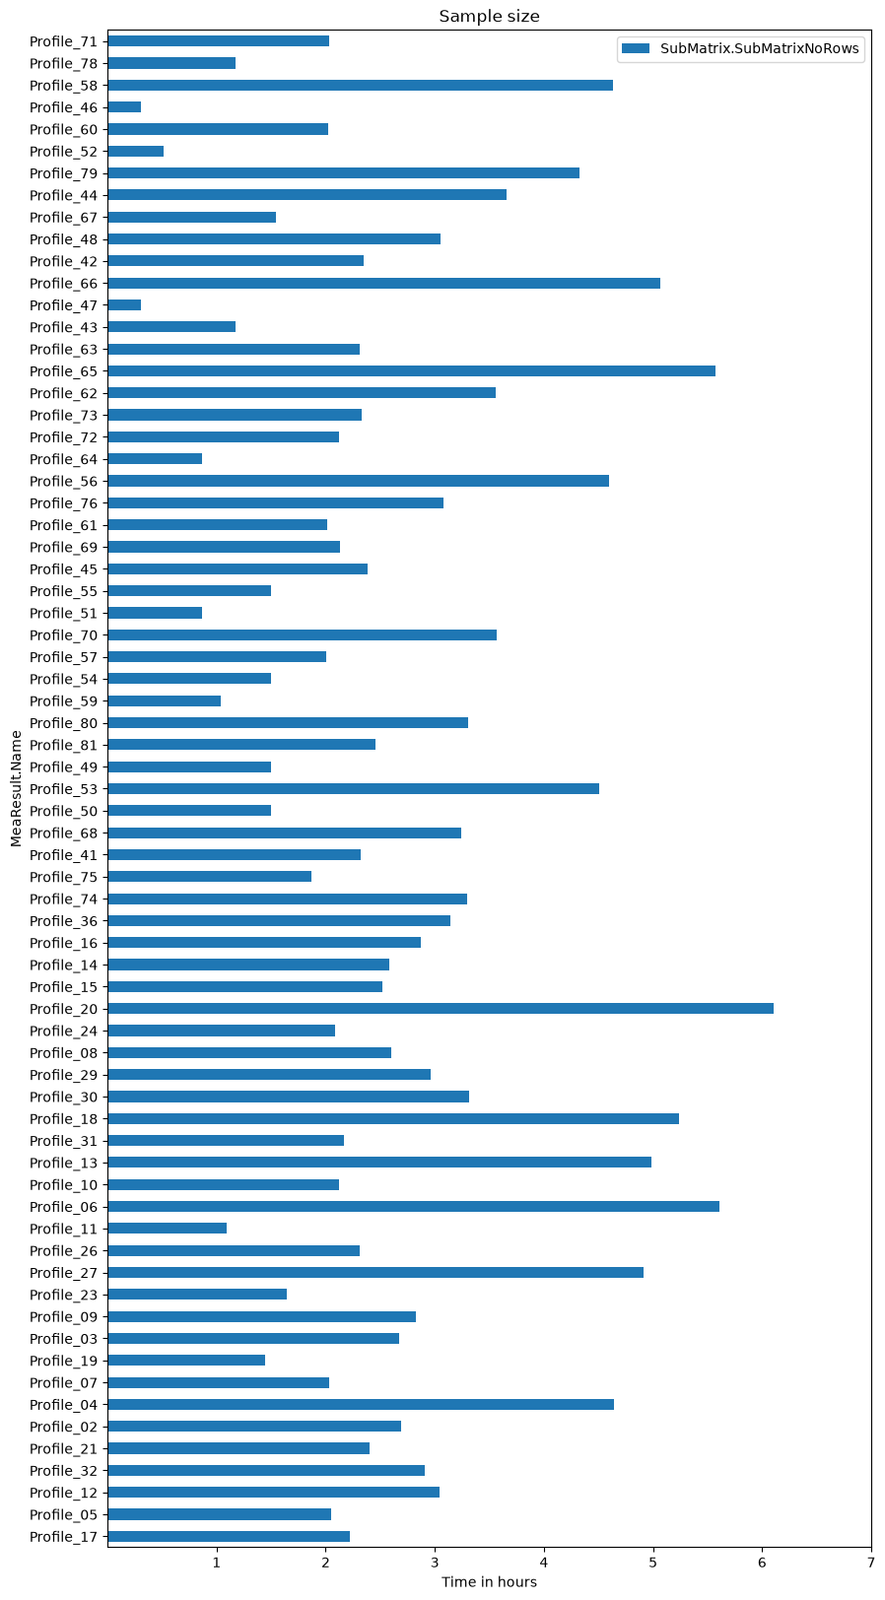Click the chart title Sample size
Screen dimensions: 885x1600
[x=489, y=16]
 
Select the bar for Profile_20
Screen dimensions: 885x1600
[x=440, y=1009]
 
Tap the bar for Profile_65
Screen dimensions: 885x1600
[x=411, y=370]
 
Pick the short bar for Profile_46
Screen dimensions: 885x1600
[x=124, y=107]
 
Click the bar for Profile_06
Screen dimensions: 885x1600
[x=414, y=1207]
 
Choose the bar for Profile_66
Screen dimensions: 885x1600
[x=383, y=283]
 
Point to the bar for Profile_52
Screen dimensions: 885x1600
[x=136, y=151]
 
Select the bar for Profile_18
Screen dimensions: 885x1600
[x=393, y=1118]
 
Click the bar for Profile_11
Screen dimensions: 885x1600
[x=168, y=1229]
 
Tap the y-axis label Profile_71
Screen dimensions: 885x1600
[x=64, y=41]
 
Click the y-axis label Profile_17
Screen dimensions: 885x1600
[x=64, y=1536]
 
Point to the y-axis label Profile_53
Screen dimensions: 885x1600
[x=64, y=788]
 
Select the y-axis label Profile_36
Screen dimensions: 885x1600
[x=64, y=921]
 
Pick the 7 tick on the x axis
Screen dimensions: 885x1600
[x=871, y=1563]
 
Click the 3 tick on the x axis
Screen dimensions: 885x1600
[x=435, y=1563]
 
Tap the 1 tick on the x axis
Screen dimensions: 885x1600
[x=217, y=1563]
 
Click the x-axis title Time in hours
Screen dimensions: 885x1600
[x=489, y=1582]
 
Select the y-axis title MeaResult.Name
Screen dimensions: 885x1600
[x=16, y=788]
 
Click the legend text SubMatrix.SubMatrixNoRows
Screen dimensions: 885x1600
[x=759, y=48]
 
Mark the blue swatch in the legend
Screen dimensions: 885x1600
[x=636, y=48]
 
